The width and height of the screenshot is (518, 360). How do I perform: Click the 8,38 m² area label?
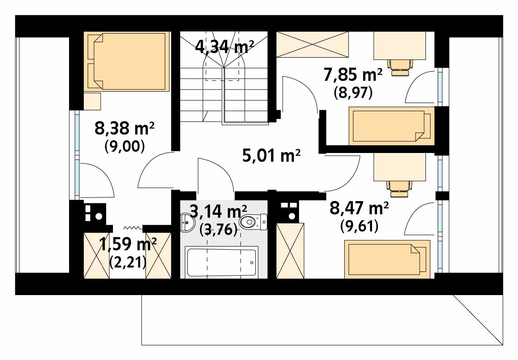click(125, 128)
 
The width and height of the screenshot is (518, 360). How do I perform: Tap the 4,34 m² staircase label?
click(225, 47)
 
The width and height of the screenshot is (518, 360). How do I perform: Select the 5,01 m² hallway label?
click(271, 155)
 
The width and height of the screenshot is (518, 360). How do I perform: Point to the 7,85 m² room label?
click(353, 75)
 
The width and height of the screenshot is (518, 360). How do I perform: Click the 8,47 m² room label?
click(359, 208)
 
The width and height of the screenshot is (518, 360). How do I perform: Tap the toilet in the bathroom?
click(254, 222)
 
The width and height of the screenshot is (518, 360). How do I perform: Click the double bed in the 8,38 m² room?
click(127, 61)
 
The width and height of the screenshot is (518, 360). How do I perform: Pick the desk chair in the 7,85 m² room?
click(401, 68)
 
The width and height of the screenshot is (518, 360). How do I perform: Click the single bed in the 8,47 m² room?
click(387, 259)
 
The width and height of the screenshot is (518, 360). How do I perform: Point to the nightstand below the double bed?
click(92, 102)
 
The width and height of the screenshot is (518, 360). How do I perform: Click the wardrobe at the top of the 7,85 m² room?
click(312, 44)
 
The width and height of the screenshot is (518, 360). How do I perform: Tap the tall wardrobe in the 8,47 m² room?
click(290, 251)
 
